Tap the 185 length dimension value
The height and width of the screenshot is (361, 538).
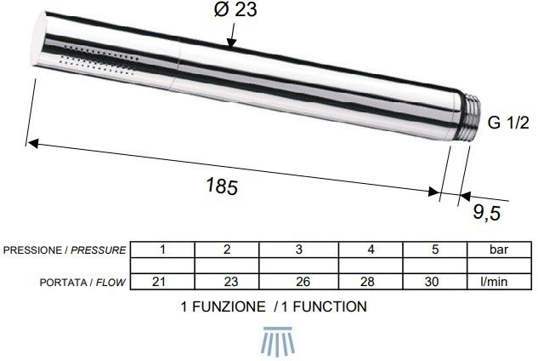[221, 186]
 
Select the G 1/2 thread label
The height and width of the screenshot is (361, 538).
[509, 123]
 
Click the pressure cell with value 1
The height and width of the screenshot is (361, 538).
[162, 250]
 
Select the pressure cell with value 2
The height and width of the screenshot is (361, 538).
[227, 250]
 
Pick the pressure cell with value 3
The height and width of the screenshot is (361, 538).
[298, 250]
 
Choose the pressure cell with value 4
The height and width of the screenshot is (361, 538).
[371, 250]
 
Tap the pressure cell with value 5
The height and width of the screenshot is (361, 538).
[436, 250]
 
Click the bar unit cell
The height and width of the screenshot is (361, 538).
[497, 250]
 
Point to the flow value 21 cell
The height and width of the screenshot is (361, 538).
[162, 281]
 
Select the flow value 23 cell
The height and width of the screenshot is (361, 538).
[227, 281]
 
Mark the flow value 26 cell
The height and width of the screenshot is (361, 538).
[298, 281]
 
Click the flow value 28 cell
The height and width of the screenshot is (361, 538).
[371, 281]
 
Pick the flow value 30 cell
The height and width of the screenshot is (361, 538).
[436, 281]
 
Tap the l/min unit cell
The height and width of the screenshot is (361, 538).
[497, 281]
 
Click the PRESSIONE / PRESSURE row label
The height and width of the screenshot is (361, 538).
[65, 250]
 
